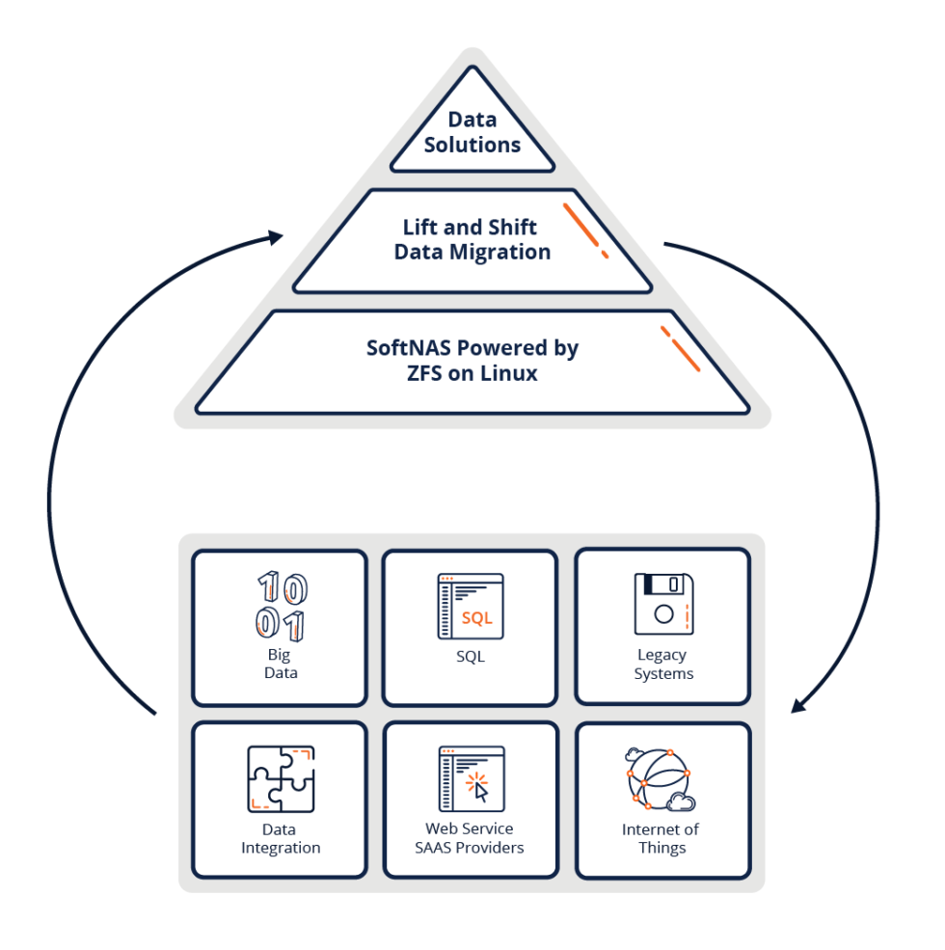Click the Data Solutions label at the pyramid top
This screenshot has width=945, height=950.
coord(472,133)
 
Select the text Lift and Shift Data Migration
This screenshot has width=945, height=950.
coord(472,240)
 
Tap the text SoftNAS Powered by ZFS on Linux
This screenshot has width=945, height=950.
coord(472,361)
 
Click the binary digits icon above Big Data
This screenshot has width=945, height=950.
coord(281,606)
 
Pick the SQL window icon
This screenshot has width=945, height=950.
coord(471,606)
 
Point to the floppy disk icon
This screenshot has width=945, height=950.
coord(662,604)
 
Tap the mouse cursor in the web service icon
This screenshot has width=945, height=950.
coord(480,790)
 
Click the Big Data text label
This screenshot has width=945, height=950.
coord(280,664)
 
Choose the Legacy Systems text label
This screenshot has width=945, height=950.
coord(662,665)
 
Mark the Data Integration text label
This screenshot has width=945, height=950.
coord(281,838)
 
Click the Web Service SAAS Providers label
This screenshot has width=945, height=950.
coord(470,837)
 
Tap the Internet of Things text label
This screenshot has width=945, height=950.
coord(661,838)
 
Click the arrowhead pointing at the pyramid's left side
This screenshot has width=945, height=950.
coord(276,235)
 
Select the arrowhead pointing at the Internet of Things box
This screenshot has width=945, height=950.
coord(798,707)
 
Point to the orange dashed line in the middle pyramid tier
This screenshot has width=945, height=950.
coord(585,231)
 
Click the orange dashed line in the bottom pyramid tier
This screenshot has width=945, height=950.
coord(681,348)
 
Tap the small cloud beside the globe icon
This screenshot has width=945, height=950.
coord(681,801)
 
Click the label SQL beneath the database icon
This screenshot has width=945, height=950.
coord(471,657)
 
